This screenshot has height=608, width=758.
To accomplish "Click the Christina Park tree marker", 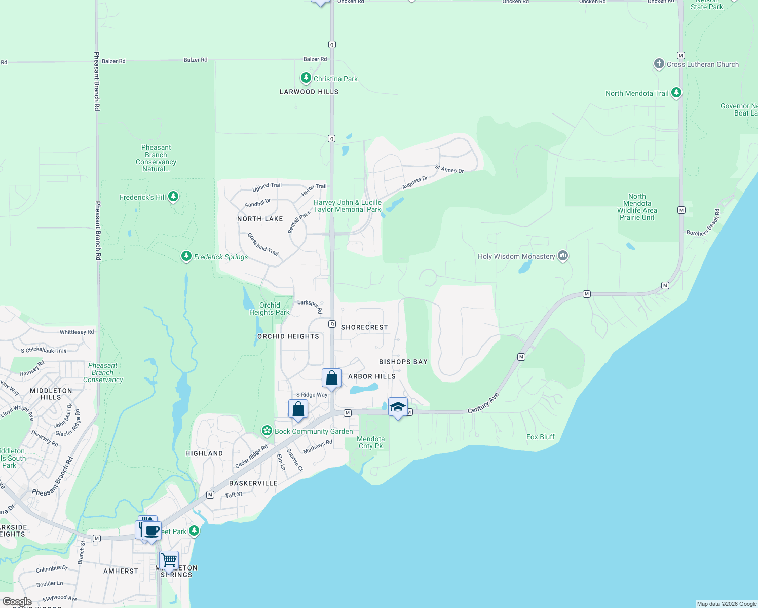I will [306, 78].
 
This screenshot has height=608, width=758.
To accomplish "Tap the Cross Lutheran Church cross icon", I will [659, 64].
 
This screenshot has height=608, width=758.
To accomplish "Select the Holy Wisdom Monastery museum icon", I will [562, 256].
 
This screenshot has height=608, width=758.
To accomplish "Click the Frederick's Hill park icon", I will [173, 197].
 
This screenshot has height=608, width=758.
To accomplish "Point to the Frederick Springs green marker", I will [186, 256].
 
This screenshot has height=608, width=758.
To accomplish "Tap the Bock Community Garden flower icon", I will [267, 431].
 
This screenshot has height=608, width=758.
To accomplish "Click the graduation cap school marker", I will [398, 407].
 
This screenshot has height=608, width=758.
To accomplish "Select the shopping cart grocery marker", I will [169, 560].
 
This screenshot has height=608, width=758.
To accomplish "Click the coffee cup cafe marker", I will [151, 531].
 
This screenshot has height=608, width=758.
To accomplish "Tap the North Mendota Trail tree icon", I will [676, 93].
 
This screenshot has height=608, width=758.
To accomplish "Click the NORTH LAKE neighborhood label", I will [260, 219].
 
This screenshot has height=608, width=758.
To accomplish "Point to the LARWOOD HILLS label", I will [309, 92].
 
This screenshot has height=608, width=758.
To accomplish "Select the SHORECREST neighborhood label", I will [364, 327].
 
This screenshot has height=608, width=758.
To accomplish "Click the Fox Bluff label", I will [540, 437].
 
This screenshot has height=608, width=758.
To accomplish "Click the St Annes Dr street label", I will [449, 169].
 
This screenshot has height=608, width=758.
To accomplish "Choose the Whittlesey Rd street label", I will [77, 332].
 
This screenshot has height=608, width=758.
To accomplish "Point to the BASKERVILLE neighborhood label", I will [253, 483].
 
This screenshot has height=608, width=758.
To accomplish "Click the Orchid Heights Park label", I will [270, 309].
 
